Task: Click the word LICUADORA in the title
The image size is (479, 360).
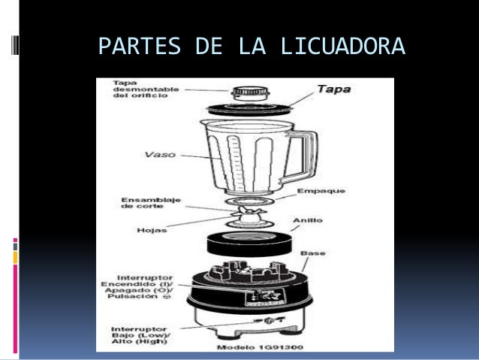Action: (x=342, y=49)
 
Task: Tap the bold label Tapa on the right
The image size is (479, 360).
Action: (x=333, y=89)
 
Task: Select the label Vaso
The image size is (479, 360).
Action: (x=160, y=155)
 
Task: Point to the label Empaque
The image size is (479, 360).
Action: (x=321, y=192)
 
